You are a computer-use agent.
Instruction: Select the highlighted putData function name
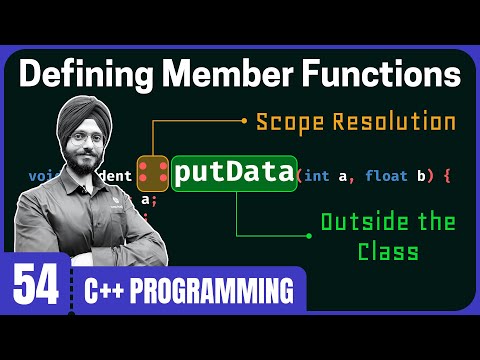coord(234,173)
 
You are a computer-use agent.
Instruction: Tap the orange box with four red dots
coord(153,174)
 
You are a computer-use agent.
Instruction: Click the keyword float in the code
coord(386,177)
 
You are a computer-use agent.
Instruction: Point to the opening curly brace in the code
coord(447,177)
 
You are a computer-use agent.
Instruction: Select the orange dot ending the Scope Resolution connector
coord(243,122)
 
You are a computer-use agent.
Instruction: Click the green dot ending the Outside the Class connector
coord(308,236)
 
